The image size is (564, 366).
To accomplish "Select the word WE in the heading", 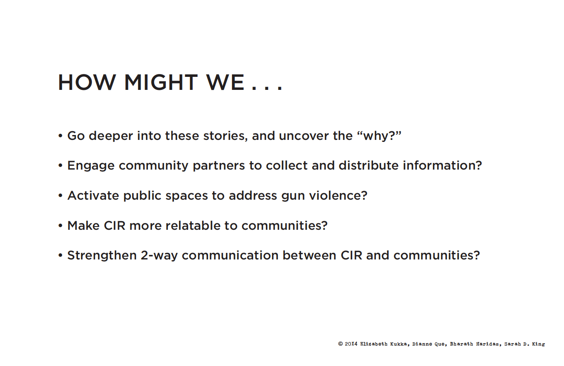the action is [x=225, y=82].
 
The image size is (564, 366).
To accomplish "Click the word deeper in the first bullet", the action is [x=111, y=136].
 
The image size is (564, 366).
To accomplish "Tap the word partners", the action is [x=219, y=166].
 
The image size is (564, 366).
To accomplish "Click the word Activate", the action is [x=93, y=196].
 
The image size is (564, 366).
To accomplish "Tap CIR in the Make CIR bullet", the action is [x=115, y=226].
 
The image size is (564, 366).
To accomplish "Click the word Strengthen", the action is [x=102, y=256].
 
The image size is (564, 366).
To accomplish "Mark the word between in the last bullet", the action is [x=309, y=255].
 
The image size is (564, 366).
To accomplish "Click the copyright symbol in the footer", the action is [x=341, y=344].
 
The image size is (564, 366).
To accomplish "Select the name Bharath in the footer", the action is [x=462, y=344].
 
